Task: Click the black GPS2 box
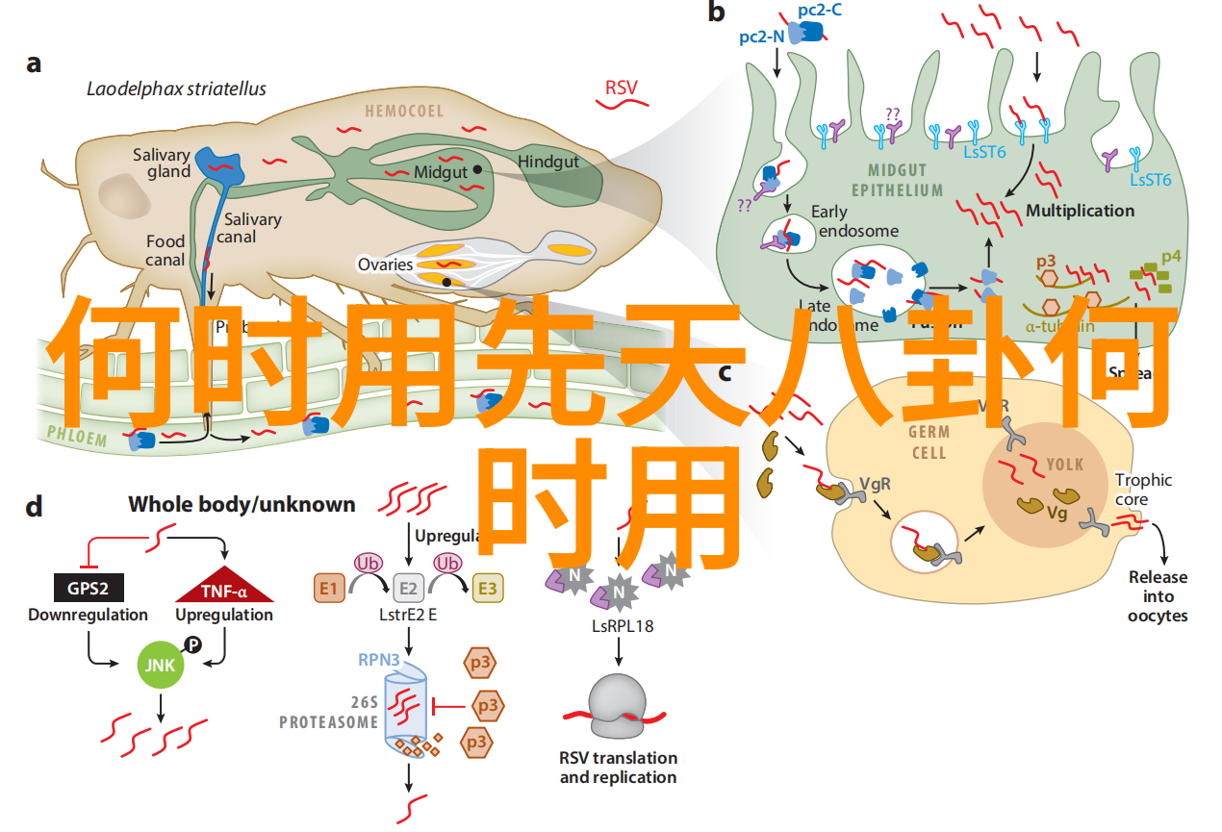click(88, 589)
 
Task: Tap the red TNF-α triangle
click(224, 590)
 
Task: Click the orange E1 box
click(329, 588)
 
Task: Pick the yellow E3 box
click(487, 588)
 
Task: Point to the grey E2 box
click(408, 588)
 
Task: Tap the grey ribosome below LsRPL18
click(618, 707)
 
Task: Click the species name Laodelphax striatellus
click(176, 89)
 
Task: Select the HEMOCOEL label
click(404, 112)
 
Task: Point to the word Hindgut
click(548, 162)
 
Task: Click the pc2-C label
click(820, 11)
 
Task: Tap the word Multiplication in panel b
click(1080, 211)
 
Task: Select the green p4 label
click(1171, 257)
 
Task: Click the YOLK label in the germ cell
click(1065, 465)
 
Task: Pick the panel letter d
click(34, 506)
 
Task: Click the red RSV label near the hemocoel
click(621, 88)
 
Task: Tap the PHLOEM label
click(77, 437)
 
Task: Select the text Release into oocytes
click(1158, 596)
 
